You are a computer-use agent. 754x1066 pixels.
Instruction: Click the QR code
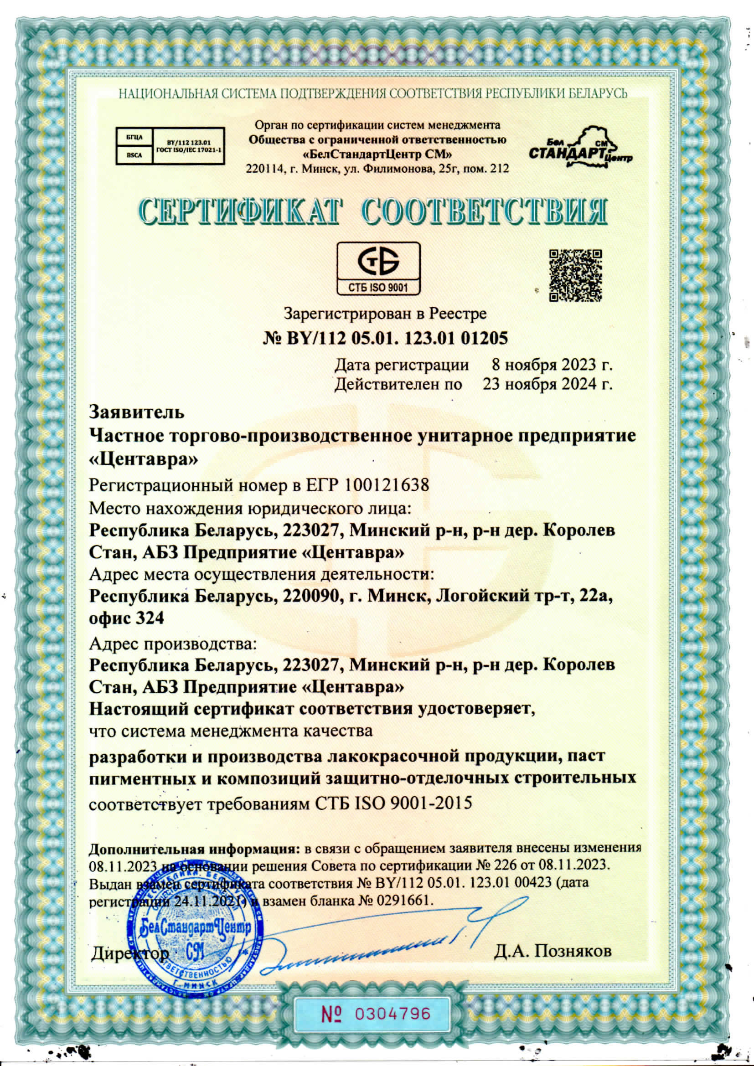[x=575, y=276]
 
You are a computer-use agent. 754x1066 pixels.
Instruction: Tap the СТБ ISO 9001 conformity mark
[x=378, y=269]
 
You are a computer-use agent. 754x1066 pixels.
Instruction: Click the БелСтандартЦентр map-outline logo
[x=581, y=146]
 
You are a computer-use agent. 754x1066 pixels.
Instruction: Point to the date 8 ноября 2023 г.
[x=552, y=365]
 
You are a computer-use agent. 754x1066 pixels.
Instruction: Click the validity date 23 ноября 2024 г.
[x=547, y=385]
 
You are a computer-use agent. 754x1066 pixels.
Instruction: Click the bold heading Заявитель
[x=136, y=412]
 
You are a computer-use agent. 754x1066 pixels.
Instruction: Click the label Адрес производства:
[x=172, y=644]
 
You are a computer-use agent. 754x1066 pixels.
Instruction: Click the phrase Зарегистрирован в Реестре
[x=385, y=314]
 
